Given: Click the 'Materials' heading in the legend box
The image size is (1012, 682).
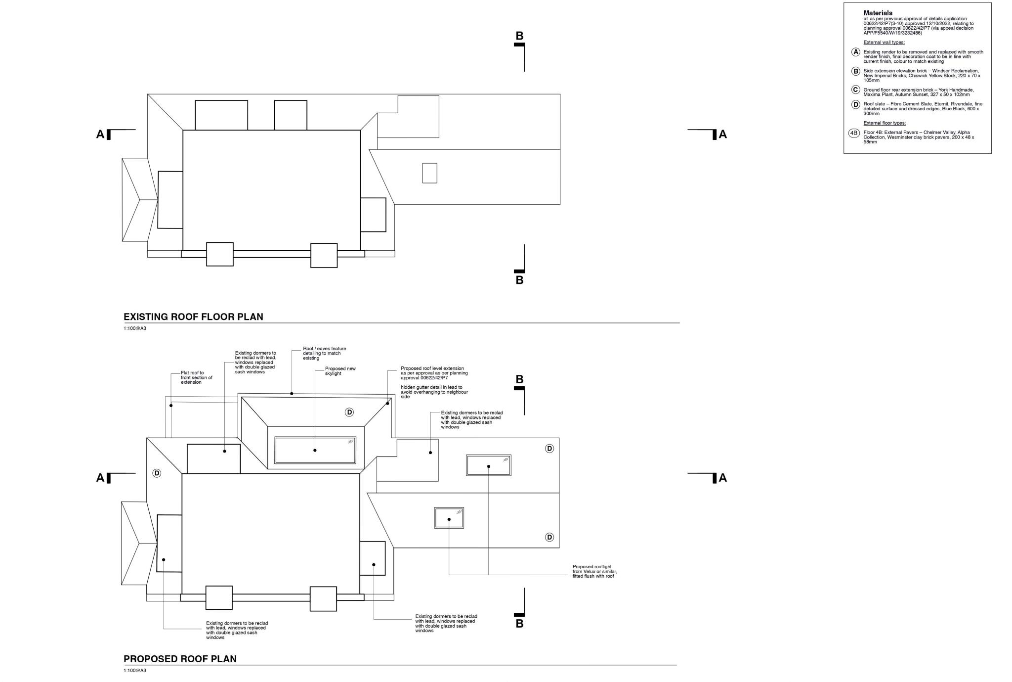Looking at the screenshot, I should point(878,13).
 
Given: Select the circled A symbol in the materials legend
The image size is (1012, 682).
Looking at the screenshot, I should point(856,52).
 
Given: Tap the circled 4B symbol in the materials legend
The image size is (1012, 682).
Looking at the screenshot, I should point(854,133).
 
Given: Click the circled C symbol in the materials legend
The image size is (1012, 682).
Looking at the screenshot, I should point(856,90).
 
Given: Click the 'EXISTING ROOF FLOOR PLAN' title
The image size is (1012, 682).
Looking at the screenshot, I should point(193,317).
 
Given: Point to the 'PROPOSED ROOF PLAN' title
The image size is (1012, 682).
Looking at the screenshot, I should point(180,659).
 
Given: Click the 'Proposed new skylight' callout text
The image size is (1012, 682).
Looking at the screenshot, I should point(340,371).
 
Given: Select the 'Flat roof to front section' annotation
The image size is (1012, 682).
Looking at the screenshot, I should point(196,377).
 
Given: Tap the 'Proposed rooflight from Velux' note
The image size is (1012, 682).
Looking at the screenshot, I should point(594,571).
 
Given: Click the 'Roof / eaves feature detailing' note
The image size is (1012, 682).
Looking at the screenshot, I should point(324,353).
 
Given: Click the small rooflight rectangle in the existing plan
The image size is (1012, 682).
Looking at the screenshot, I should point(429,173).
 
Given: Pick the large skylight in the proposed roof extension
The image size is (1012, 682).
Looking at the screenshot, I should point(315,450).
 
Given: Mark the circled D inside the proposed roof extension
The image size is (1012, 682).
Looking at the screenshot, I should point(349,412).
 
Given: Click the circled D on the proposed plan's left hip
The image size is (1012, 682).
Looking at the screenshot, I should point(157,473).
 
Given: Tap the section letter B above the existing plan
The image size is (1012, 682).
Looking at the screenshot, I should point(519,36).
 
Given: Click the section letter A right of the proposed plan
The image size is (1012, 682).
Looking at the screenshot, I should point(722,478).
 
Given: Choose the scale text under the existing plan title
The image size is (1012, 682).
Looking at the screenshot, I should point(135,328).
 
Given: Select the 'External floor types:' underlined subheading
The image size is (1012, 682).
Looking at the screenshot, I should point(885,123).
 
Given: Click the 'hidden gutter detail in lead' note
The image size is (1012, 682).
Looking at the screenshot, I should point(434,392).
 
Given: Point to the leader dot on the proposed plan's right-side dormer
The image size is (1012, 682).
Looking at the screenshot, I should point(374,565).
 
